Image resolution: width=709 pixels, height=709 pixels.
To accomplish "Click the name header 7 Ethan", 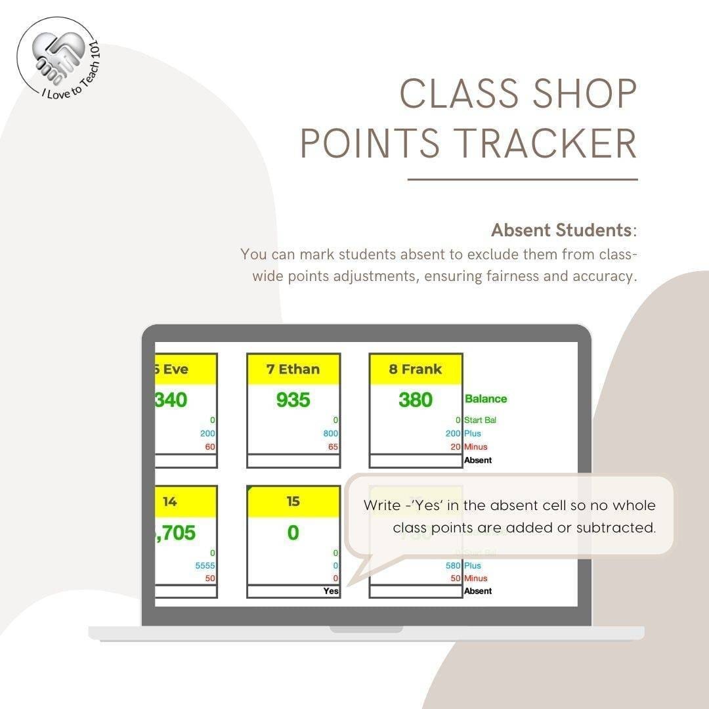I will [x=293, y=369].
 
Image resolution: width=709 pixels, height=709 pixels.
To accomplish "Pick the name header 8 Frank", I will [x=416, y=369].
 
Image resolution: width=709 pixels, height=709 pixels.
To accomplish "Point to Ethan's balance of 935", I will [x=293, y=400].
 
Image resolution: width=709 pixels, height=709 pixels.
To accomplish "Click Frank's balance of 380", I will [x=416, y=400].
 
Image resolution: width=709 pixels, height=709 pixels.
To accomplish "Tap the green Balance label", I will [x=486, y=398].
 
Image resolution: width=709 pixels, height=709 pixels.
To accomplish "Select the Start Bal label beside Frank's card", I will [x=481, y=420].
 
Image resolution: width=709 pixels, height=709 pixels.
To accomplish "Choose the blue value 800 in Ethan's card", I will [x=330, y=433].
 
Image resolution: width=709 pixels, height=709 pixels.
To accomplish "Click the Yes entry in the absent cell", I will [x=331, y=591].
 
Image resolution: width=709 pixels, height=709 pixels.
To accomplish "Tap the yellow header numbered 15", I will [x=293, y=502].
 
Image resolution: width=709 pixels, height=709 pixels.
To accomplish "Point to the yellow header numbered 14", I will [x=170, y=502].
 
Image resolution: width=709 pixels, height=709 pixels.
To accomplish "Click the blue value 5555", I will [x=205, y=565].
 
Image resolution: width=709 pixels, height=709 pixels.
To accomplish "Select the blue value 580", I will [x=453, y=565].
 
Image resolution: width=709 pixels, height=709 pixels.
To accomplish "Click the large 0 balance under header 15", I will [x=293, y=532].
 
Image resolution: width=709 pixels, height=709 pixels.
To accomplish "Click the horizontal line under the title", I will [x=523, y=179].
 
